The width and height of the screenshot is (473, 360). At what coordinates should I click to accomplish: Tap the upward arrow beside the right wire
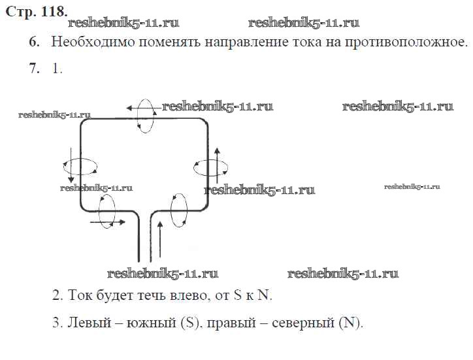point(217,164)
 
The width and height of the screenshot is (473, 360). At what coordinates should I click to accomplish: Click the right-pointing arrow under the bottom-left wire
point(108,223)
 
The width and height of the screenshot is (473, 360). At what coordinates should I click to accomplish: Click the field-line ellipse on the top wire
point(147,116)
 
